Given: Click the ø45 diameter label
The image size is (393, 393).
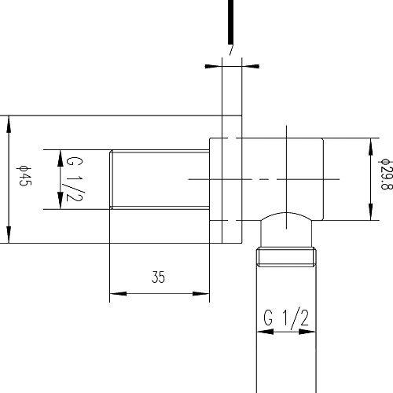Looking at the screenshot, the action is tap(24, 176).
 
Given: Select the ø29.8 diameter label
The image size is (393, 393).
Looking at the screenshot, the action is tap(385, 174).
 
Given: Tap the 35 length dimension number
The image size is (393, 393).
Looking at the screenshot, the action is tap(158, 277).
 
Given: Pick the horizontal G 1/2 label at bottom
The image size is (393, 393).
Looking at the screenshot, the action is tap(286, 318).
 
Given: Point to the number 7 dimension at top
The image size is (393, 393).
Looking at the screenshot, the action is tap(230, 50).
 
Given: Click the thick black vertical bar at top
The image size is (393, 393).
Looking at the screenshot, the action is tap(230, 22).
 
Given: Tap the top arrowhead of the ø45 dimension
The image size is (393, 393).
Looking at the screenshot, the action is tap(9, 125).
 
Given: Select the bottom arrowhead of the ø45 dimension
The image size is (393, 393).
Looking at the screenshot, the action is tap(9, 234).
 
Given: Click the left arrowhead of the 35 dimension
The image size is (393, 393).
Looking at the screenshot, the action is tap(118, 293).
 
